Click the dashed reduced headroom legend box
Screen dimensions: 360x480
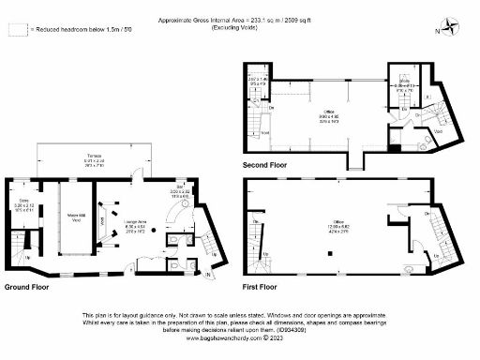(x=15, y=29)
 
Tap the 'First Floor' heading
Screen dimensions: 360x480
(x=259, y=285)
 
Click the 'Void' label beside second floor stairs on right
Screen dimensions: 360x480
(x=437, y=131)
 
